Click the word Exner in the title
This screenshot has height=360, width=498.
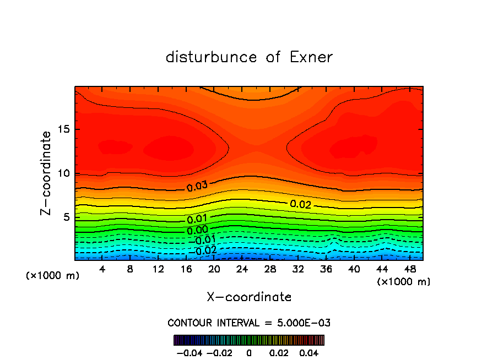[311, 57]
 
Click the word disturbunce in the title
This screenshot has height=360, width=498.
[211, 57]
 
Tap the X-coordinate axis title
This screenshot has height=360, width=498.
[249, 297]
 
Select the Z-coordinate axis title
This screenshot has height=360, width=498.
[47, 173]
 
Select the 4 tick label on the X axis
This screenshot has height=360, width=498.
[102, 269]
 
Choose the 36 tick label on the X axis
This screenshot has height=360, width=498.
[326, 269]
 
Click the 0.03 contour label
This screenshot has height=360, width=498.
[197, 186]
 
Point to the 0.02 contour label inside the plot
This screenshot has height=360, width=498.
[301, 205]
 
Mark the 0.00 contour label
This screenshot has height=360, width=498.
[197, 230]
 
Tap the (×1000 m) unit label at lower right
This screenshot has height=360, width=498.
[404, 282]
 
